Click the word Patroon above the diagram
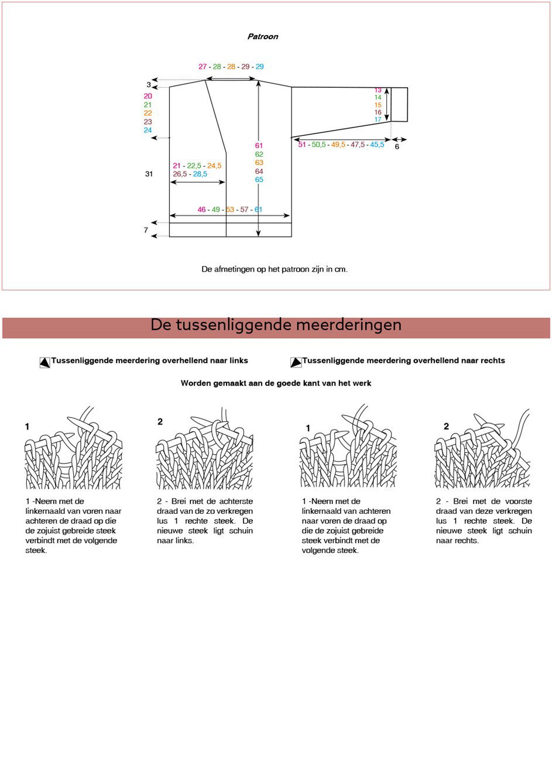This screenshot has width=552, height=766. pyautogui.click(x=262, y=36)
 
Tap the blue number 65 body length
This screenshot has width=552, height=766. pyautogui.click(x=259, y=180)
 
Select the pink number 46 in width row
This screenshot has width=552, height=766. pyautogui.click(x=201, y=209)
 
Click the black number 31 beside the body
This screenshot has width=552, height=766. pyautogui.click(x=149, y=174)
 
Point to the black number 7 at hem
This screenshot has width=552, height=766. pyautogui.click(x=146, y=230)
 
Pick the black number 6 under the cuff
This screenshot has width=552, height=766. pyautogui.click(x=397, y=146)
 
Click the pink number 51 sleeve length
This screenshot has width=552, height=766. pyautogui.click(x=302, y=145)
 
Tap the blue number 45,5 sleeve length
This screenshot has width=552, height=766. pyautogui.click(x=377, y=145)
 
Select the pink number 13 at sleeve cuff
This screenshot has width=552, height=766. pyautogui.click(x=378, y=90)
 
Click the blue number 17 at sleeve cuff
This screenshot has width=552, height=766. pyautogui.click(x=378, y=119)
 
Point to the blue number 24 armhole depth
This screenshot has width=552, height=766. pyautogui.click(x=148, y=130)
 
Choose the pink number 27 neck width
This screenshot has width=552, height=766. pyautogui.click(x=203, y=67)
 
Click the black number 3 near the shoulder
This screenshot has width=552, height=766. pyautogui.click(x=149, y=85)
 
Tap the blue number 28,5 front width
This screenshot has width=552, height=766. pyautogui.click(x=200, y=174)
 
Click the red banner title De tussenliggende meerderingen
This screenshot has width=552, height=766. pyautogui.click(x=276, y=325)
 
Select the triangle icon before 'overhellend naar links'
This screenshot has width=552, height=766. pyautogui.click(x=44, y=362)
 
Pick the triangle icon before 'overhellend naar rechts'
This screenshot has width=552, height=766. pyautogui.click(x=296, y=362)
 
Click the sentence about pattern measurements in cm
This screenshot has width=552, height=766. pyautogui.click(x=275, y=269)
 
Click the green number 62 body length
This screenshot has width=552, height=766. pyautogui.click(x=259, y=154)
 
